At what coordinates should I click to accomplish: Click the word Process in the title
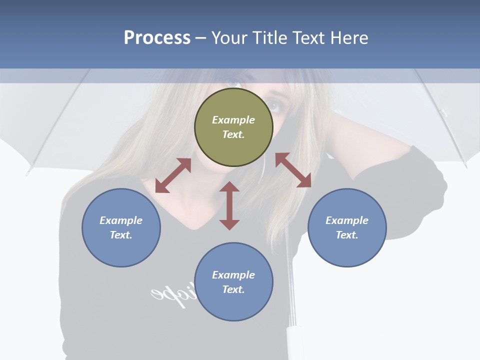click(x=157, y=37)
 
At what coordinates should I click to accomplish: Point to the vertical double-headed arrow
click(x=229, y=205)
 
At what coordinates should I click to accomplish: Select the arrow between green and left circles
click(x=173, y=175)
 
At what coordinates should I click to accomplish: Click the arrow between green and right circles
click(x=293, y=170)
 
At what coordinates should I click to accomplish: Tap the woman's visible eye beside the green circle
click(x=274, y=105)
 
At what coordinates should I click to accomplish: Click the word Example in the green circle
click(x=233, y=120)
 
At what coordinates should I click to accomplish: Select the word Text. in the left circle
click(x=121, y=235)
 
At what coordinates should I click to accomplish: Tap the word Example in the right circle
click(x=347, y=220)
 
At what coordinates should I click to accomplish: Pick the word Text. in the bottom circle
click(x=233, y=289)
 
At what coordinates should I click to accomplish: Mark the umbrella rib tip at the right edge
click(x=465, y=165)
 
